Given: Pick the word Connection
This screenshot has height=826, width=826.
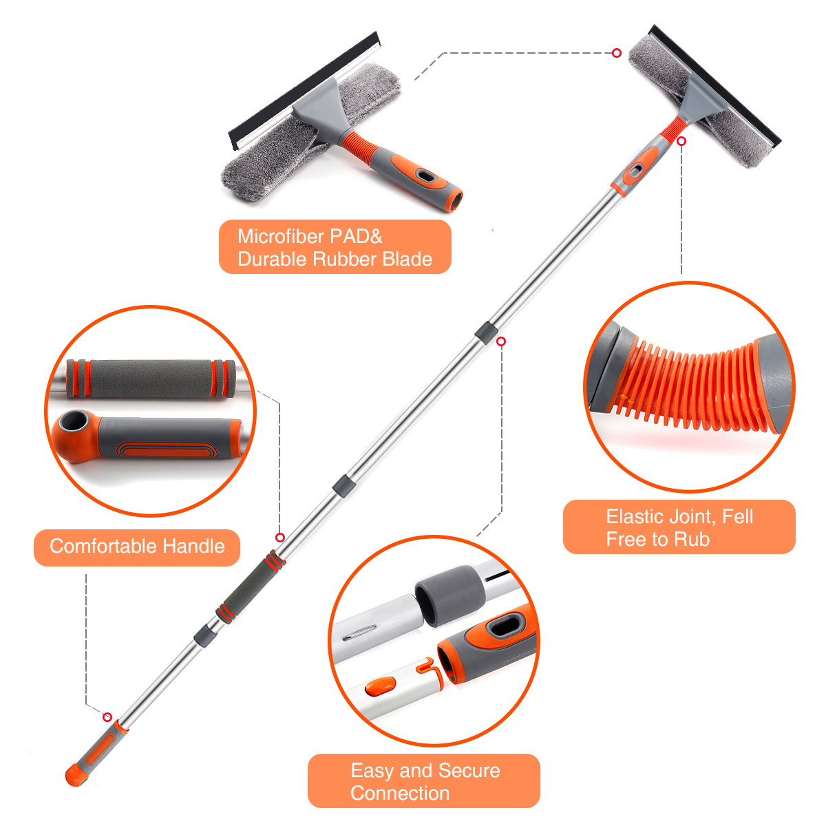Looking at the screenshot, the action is [x=400, y=794].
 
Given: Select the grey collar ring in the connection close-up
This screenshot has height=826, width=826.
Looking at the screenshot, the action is [x=450, y=596].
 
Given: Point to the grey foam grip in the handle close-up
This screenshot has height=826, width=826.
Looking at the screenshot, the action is [x=151, y=379].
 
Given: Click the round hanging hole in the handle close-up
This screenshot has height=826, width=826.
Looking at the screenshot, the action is [x=71, y=422].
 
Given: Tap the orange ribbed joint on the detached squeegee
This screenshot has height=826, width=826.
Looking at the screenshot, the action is [x=359, y=145].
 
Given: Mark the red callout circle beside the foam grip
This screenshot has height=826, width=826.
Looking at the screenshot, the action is [x=280, y=538].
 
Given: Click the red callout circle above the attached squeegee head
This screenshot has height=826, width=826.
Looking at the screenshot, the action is [x=616, y=53].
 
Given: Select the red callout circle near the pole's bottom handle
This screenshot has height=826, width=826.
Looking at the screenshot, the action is [x=107, y=717].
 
